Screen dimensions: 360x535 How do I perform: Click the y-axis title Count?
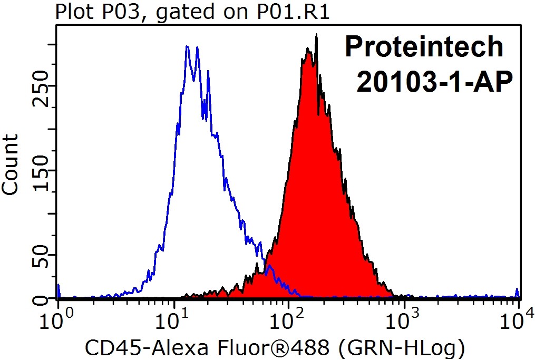[x=11, y=164]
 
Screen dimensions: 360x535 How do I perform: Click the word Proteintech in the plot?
[x=424, y=47]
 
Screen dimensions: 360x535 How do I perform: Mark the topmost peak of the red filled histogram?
[x=316, y=35]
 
